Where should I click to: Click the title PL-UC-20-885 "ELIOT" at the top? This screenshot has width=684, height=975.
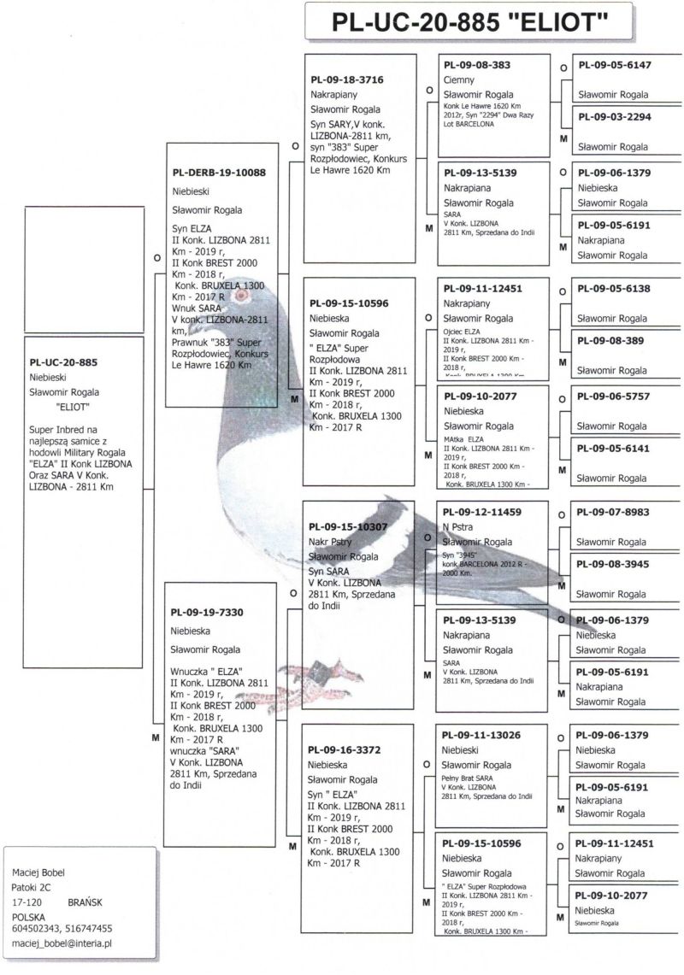[x=469, y=23]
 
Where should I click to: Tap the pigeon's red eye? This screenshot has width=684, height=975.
[x=241, y=297]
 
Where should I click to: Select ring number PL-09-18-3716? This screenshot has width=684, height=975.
[x=346, y=79]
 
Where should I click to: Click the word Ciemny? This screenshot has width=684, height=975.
[x=459, y=79]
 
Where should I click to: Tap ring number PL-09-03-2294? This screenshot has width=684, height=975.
[x=614, y=117]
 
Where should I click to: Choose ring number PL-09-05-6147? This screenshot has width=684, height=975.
[x=614, y=65]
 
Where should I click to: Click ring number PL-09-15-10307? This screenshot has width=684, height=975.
[x=349, y=526]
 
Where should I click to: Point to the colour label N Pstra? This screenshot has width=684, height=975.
[x=458, y=526]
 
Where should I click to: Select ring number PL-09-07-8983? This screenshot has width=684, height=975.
[x=613, y=512]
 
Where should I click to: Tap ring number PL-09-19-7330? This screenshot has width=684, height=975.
[x=207, y=612]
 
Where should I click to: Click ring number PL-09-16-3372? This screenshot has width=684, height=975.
[x=345, y=749]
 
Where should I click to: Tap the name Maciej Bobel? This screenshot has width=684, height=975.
[x=38, y=872]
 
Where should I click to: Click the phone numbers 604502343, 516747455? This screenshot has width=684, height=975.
[x=62, y=928]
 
